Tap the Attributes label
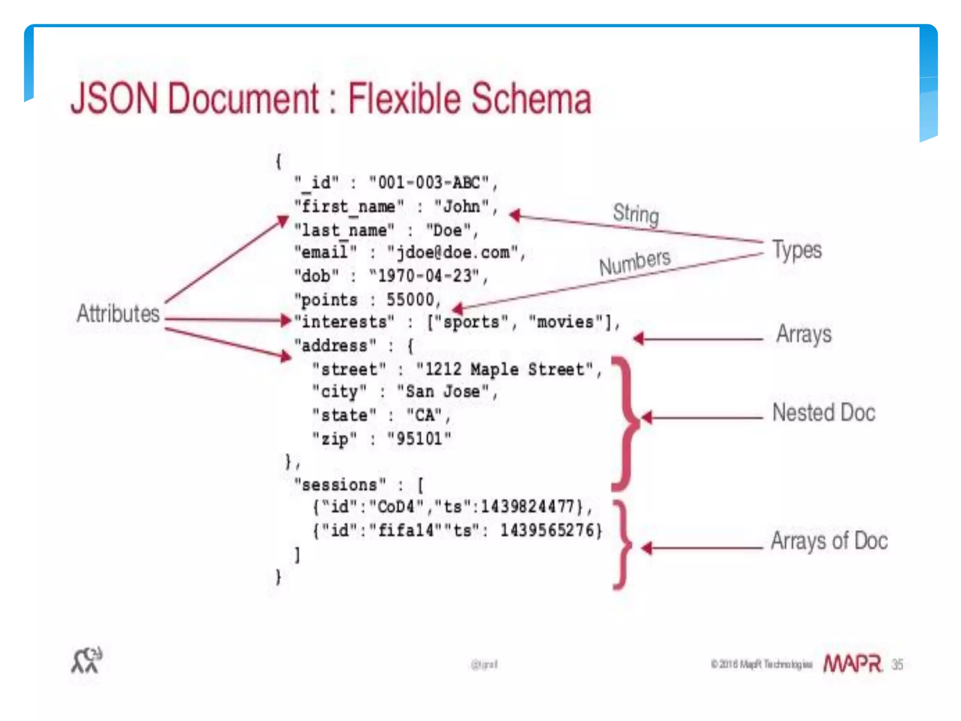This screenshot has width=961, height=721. [x=118, y=313]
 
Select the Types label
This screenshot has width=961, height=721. [x=797, y=249]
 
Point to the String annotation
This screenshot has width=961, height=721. [x=636, y=214]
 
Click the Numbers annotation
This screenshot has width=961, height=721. [x=635, y=262]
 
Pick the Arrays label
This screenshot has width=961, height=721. [x=804, y=334]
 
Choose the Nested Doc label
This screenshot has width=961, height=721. [x=824, y=413]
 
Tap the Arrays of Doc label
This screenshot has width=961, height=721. [x=829, y=540]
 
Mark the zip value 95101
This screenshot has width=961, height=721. [x=419, y=439]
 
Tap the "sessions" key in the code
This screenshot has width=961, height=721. [x=340, y=484]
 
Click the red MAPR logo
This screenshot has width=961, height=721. [x=852, y=664]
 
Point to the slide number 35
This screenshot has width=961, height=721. [x=897, y=665]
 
